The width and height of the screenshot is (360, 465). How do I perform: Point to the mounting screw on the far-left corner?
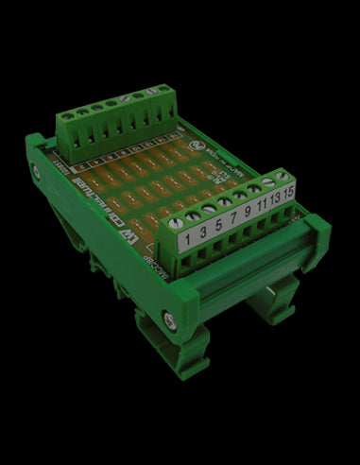coord(37,170)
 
